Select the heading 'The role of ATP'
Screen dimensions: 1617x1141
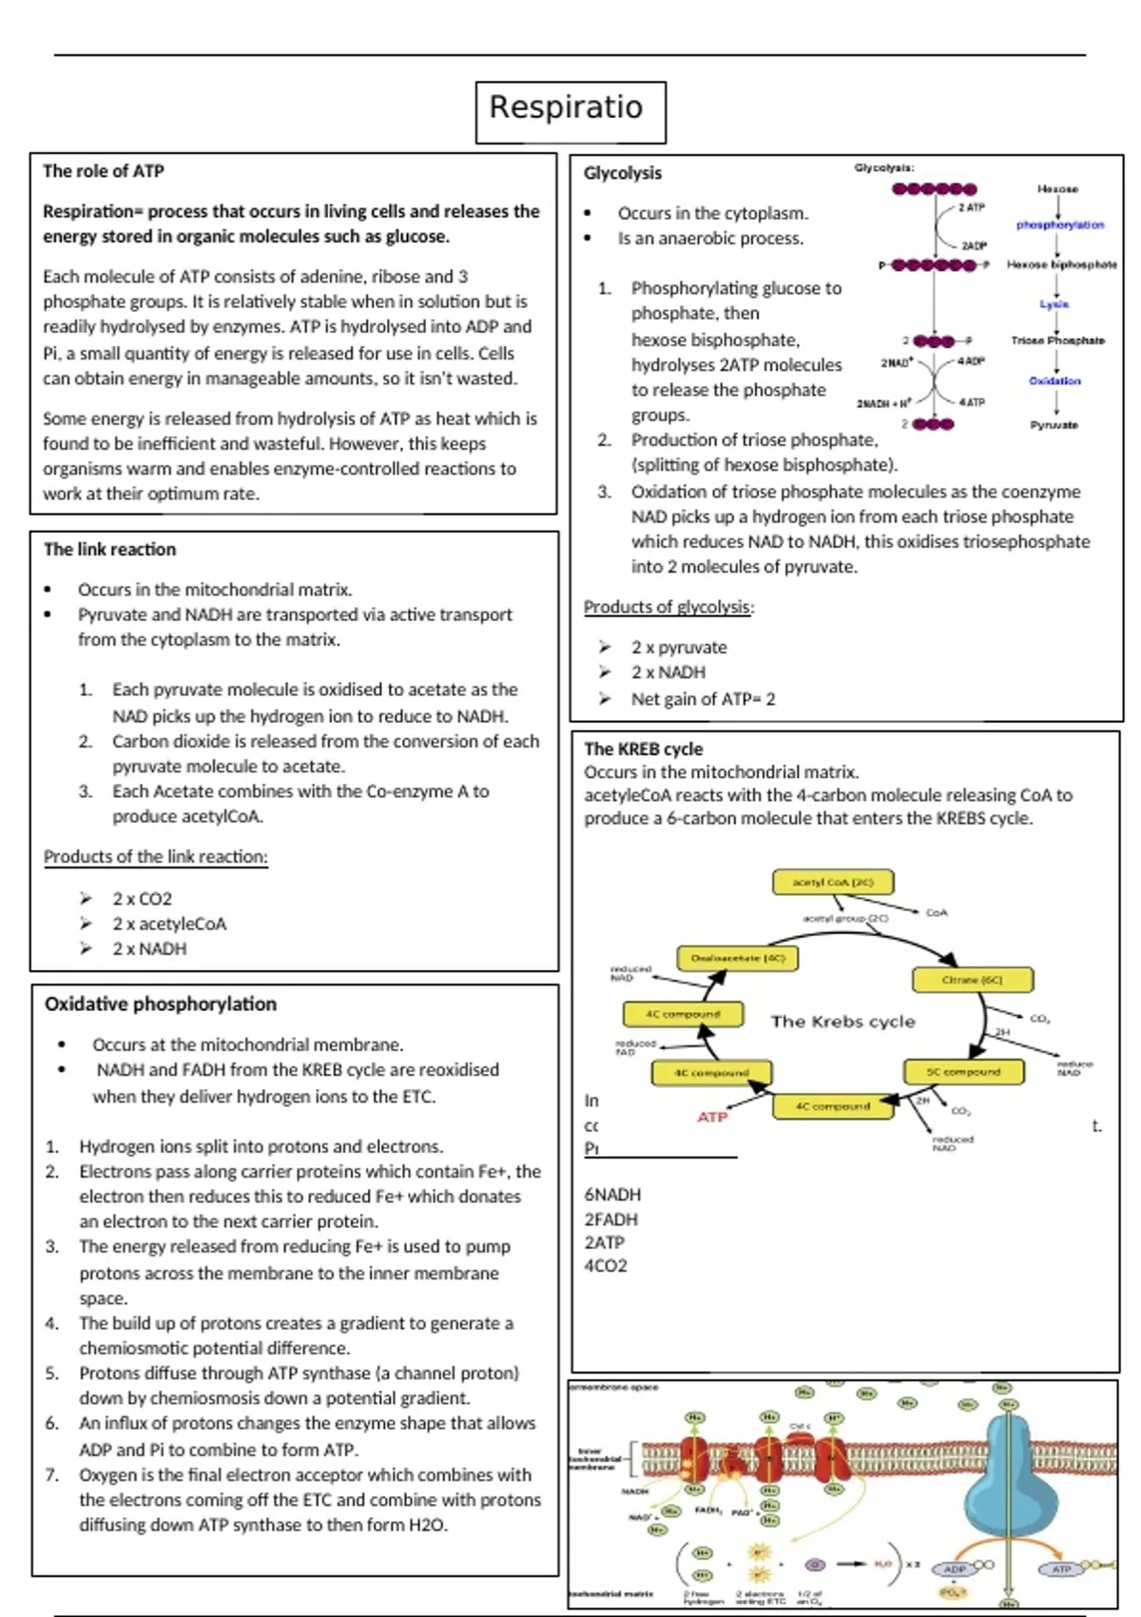pyautogui.click(x=103, y=171)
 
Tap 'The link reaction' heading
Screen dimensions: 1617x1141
pyautogui.click(x=109, y=549)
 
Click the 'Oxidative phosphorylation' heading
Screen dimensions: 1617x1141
pyautogui.click(x=161, y=1003)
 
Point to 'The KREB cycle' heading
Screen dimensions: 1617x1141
pyautogui.click(x=643, y=749)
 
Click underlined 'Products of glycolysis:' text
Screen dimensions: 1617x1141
pyautogui.click(x=668, y=607)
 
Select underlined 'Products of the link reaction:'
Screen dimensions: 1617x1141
pyautogui.click(x=155, y=856)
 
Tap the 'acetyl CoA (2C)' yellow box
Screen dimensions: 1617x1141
pyautogui.click(x=833, y=882)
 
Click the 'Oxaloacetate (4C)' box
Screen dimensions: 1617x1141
pyautogui.click(x=738, y=958)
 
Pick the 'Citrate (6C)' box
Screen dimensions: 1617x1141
pyautogui.click(x=972, y=979)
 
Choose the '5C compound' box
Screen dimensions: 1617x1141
pyautogui.click(x=963, y=1071)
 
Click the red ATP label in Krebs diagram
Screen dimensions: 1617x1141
pyautogui.click(x=711, y=1117)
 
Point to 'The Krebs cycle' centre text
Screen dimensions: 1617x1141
pyautogui.click(x=842, y=1022)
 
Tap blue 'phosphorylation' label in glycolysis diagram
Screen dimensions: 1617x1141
pyautogui.click(x=1059, y=225)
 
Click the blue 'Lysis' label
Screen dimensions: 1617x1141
pyautogui.click(x=1054, y=304)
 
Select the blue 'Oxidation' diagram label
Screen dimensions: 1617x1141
pyautogui.click(x=1054, y=380)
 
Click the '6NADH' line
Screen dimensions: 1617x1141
pyautogui.click(x=612, y=1195)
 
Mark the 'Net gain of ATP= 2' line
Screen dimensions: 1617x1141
pyautogui.click(x=703, y=699)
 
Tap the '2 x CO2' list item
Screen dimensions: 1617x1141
pyautogui.click(x=142, y=899)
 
